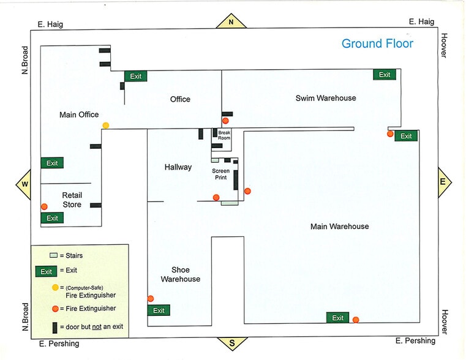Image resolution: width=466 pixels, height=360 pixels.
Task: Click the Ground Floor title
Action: click(377, 43)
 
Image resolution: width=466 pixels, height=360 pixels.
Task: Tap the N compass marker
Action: click(231, 22)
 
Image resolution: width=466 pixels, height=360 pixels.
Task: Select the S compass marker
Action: click(232, 343)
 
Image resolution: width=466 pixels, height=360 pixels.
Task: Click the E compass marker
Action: click(443, 182)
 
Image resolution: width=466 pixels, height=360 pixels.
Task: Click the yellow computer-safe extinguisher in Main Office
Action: click(106, 126)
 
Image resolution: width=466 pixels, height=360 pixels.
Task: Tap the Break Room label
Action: click(224, 135)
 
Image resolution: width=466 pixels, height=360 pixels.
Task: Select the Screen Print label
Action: click(220, 174)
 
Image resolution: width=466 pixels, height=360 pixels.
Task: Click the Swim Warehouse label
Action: click(325, 98)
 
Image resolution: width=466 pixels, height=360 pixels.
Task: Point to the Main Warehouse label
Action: click(339, 227)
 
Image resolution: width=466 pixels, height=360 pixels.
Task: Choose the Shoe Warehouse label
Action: click(180, 274)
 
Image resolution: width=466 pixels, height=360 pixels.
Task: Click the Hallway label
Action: click(178, 167)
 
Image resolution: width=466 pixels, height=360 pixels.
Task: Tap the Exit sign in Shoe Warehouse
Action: click(159, 310)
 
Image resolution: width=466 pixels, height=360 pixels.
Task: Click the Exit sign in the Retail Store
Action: click(52, 218)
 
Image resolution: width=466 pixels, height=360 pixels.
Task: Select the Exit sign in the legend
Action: click(46, 271)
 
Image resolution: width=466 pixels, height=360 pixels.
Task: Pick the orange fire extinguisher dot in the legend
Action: click(55, 308)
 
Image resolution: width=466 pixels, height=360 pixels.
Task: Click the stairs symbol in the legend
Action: click(54, 255)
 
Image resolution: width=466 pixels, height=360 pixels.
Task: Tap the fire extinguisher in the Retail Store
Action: click(44, 206)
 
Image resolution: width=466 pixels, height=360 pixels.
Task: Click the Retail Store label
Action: click(72, 200)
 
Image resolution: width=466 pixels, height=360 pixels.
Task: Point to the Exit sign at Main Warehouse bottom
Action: click(337, 318)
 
